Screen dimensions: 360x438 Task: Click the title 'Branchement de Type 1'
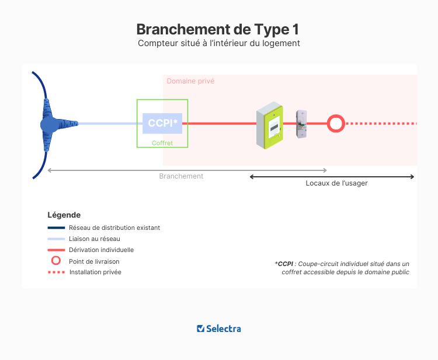[218, 29]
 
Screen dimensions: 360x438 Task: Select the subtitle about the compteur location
[218, 44]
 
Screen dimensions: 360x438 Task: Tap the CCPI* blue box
[162, 123]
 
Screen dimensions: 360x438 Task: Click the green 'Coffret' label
[162, 142]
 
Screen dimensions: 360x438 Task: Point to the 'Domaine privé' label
[190, 81]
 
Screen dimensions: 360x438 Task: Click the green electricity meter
[270, 124]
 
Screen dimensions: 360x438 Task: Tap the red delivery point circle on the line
[335, 124]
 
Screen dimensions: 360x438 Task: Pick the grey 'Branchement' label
[181, 176]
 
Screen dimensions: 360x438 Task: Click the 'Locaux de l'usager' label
[336, 183]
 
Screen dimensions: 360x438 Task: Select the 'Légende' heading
[64, 215]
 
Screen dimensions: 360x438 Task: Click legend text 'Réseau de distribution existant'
[114, 228]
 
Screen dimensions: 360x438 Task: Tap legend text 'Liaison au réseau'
[94, 239]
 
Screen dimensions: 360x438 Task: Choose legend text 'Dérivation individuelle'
[101, 250]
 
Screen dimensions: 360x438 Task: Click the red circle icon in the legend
[56, 261]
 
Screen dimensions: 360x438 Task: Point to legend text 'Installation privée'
[95, 272]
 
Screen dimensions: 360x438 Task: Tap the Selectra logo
[219, 328]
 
